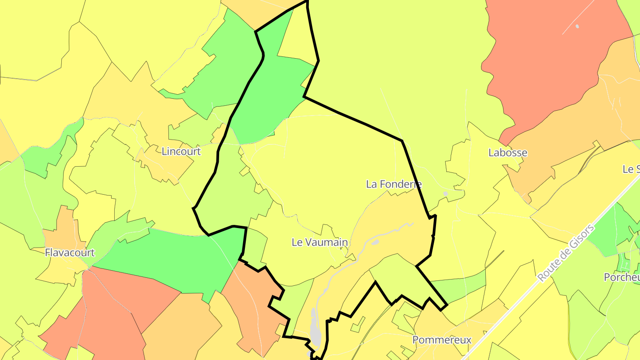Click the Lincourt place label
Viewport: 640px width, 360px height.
(x=181, y=152)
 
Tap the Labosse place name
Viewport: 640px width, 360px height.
(x=508, y=153)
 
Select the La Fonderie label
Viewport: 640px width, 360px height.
(x=394, y=184)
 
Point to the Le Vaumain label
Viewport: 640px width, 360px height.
(x=320, y=242)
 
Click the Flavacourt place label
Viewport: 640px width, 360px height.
(x=70, y=253)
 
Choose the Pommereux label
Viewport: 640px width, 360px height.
(x=441, y=340)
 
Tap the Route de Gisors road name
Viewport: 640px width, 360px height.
(x=565, y=253)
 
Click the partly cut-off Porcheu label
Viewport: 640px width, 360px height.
(x=621, y=277)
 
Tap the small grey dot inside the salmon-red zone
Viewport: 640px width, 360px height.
(x=577, y=26)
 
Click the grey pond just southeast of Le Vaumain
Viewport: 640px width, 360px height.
(x=375, y=243)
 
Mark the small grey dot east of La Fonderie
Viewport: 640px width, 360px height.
(x=445, y=194)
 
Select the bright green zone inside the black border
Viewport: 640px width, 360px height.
(x=271, y=98)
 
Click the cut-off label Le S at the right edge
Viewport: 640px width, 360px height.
(x=631, y=169)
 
